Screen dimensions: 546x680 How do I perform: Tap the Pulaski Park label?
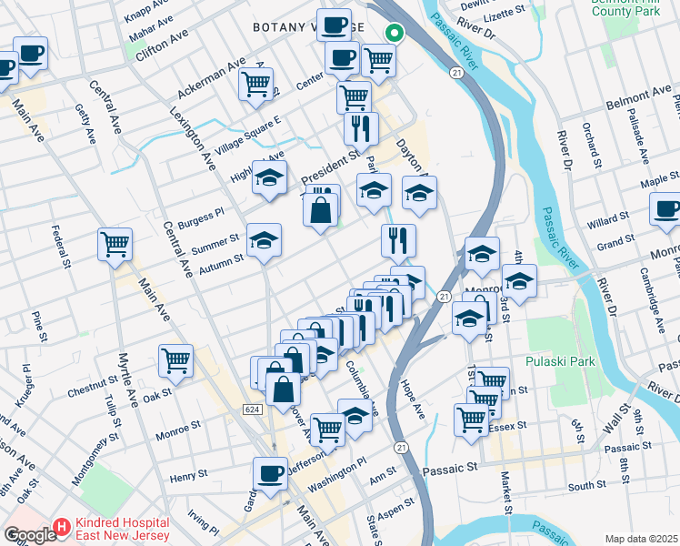[x=560, y=361]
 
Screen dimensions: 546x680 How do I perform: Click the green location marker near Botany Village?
[x=394, y=34]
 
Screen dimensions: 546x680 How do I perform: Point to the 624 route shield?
[x=254, y=410]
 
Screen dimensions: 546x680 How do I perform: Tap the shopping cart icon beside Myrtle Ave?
[x=175, y=359]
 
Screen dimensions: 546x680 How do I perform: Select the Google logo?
[x=29, y=535]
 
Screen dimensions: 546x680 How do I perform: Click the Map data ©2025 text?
[x=641, y=539]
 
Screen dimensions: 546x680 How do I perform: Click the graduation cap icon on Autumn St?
[x=265, y=240]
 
